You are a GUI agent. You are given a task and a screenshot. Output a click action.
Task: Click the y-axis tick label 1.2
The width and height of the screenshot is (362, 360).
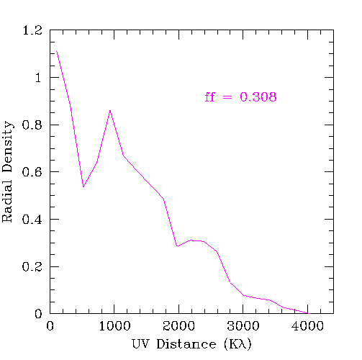(32, 30)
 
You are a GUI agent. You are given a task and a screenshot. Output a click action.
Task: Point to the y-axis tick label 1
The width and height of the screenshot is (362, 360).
(38, 78)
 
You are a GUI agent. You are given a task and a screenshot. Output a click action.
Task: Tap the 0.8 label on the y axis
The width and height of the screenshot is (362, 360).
(32, 125)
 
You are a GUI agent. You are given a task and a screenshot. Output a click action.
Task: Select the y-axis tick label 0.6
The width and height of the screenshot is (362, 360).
(32, 172)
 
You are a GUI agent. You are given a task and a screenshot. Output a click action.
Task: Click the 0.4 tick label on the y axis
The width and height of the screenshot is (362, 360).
(32, 220)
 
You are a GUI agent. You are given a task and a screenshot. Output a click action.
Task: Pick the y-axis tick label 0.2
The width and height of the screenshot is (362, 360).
(32, 266)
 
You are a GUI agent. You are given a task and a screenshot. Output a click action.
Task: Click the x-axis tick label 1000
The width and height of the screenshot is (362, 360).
(114, 326)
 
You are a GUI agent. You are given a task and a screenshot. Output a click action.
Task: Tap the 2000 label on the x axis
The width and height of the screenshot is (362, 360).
(179, 326)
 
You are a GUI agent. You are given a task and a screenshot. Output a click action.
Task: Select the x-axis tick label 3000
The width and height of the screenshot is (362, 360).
(243, 326)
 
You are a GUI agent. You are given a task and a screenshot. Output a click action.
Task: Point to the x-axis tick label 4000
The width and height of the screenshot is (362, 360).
(307, 326)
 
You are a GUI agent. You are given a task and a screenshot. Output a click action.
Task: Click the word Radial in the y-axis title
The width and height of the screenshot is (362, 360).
(7, 201)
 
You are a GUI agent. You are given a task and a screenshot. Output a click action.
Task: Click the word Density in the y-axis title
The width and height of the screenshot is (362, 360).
(8, 146)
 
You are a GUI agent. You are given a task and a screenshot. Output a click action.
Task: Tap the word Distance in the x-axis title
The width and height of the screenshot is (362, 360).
(186, 344)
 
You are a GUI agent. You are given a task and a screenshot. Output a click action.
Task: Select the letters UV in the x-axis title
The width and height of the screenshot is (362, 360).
(140, 344)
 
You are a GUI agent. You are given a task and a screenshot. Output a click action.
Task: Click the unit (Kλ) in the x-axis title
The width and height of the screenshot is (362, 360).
(237, 344)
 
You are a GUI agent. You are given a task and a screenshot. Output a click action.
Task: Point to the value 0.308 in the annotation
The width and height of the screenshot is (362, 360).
(258, 97)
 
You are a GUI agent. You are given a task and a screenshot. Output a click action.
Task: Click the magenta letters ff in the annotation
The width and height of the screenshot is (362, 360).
(209, 97)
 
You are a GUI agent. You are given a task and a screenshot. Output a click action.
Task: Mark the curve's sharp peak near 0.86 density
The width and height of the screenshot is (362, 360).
(110, 110)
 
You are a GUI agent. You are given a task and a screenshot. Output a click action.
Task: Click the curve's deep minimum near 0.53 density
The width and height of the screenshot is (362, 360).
(83, 186)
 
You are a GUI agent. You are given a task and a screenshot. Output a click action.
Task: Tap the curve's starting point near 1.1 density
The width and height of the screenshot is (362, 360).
(57, 51)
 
